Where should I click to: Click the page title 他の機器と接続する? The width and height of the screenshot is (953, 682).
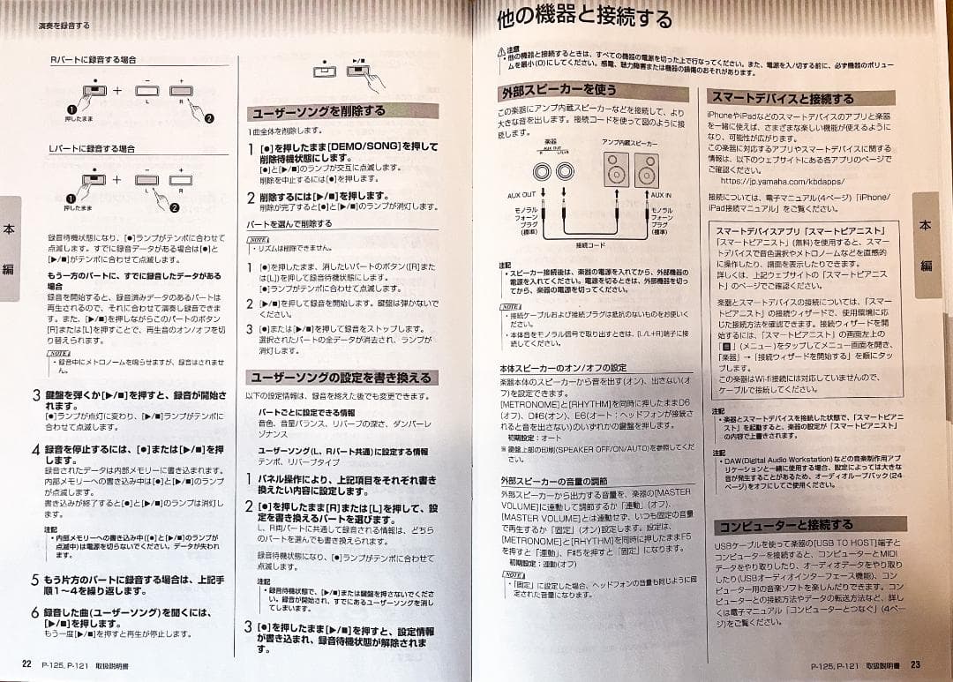click(585, 18)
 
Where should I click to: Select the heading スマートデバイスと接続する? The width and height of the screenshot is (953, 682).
click(782, 98)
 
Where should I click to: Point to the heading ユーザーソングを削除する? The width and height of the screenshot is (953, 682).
click(319, 112)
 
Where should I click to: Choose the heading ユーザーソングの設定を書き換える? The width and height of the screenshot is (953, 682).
click(340, 378)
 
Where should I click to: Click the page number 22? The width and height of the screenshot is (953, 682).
click(26, 663)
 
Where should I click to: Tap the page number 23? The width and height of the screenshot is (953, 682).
click(915, 664)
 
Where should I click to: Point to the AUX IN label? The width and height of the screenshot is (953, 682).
click(661, 194)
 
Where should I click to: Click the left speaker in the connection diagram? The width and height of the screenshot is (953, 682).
click(614, 167)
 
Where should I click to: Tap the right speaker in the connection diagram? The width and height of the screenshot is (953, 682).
click(646, 168)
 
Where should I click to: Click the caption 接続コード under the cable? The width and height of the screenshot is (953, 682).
click(590, 245)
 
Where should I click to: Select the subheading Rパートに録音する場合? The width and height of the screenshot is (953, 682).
click(93, 60)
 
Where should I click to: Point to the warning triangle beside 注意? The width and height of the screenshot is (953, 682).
click(501, 54)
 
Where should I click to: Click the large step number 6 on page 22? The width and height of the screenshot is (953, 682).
click(35, 611)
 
